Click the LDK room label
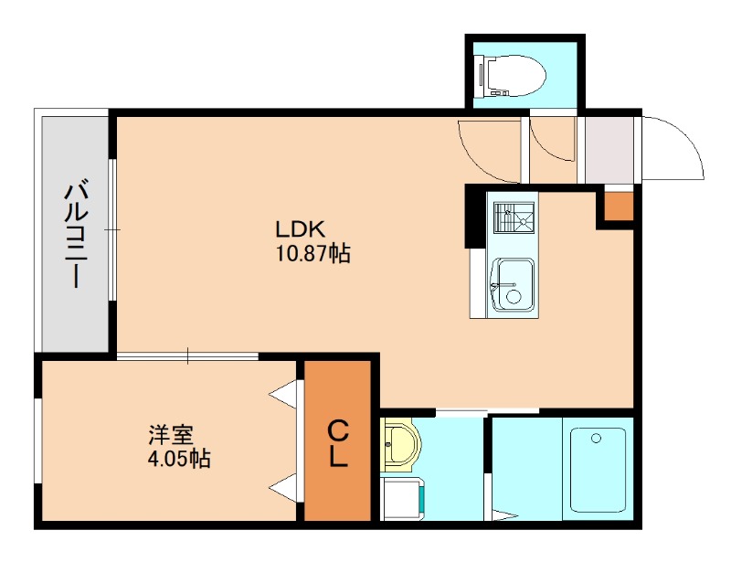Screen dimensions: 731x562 (301, 229)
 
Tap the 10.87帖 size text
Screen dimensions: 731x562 (313, 254)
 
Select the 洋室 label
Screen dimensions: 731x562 (171, 435)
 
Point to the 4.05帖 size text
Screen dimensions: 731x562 (179, 459)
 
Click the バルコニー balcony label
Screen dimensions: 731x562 (76, 233)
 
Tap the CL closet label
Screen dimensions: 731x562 (337, 443)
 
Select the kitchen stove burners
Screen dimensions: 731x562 (514, 217)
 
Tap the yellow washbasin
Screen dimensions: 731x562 (399, 445)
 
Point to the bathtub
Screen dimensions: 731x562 (599, 470)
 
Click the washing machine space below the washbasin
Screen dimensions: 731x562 (403, 498)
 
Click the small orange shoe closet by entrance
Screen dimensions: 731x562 (619, 207)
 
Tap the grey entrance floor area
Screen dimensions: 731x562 (609, 150)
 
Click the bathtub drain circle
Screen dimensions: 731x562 (596, 439)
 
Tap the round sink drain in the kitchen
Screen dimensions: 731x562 (514, 297)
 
